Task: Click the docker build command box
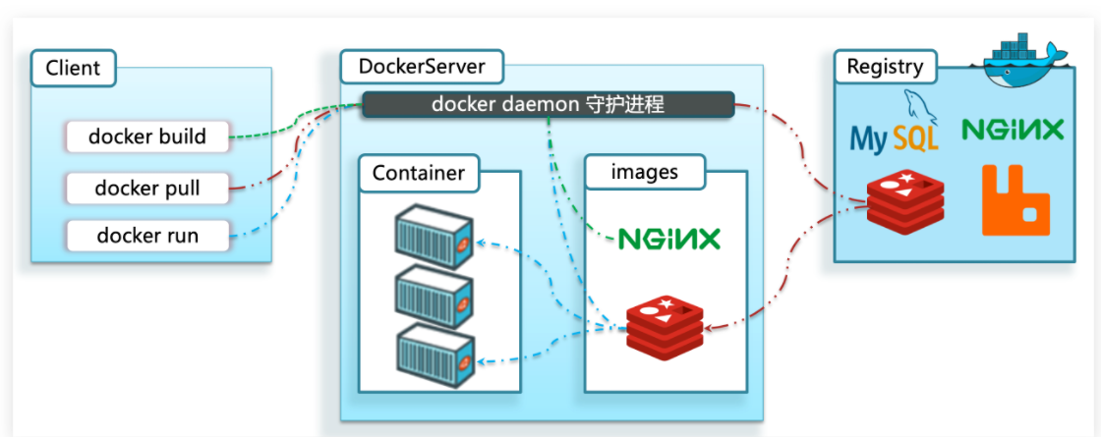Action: pyautogui.click(x=147, y=137)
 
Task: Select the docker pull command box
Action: pyautogui.click(x=147, y=188)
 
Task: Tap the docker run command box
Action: pyautogui.click(x=147, y=235)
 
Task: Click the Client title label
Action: pyautogui.click(x=73, y=68)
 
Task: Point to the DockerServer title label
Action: pyautogui.click(x=422, y=67)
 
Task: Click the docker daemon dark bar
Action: pyautogui.click(x=548, y=104)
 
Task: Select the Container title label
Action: pyautogui.click(x=419, y=173)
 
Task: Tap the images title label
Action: pyautogui.click(x=645, y=172)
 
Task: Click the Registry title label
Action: pyautogui.click(x=885, y=67)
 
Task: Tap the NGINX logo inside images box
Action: pyautogui.click(x=668, y=240)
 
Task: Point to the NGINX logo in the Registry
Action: pyautogui.click(x=1013, y=129)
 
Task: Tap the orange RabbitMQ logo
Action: pyautogui.click(x=1015, y=200)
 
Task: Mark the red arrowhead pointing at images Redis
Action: pyautogui.click(x=710, y=327)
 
